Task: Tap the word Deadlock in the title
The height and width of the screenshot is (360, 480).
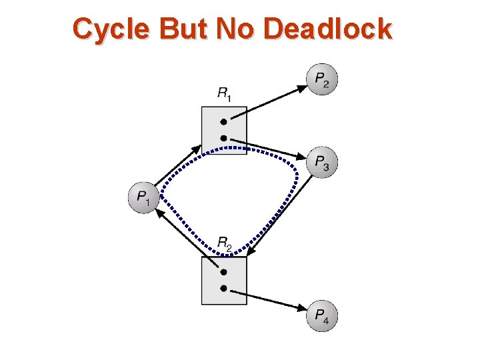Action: [328, 29]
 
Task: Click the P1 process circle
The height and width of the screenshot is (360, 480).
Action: [142, 197]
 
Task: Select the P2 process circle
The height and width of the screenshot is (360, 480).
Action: [322, 80]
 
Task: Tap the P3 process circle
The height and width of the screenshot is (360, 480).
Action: [322, 162]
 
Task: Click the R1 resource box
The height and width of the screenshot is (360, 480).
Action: [224, 131]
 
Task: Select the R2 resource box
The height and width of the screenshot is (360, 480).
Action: [224, 281]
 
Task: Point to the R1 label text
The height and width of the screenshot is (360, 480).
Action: [225, 94]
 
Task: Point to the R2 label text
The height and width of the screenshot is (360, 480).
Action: [225, 244]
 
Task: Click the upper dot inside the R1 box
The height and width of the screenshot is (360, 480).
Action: [224, 122]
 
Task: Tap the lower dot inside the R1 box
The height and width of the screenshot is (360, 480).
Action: [224, 138]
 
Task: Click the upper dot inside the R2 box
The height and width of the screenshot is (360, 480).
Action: [224, 272]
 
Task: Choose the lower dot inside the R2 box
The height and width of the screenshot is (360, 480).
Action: [224, 288]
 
